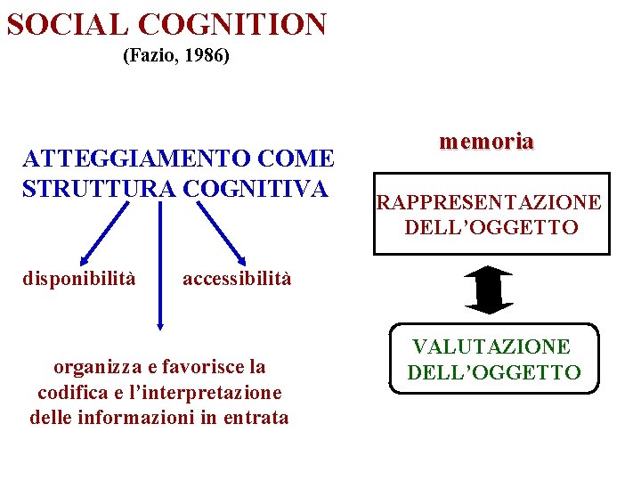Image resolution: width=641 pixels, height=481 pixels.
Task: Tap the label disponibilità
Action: click(x=79, y=279)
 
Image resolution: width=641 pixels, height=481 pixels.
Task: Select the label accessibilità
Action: click(x=237, y=279)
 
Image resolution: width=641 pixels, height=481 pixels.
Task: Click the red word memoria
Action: click(x=486, y=141)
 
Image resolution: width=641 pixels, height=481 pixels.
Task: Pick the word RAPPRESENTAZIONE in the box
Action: click(x=489, y=203)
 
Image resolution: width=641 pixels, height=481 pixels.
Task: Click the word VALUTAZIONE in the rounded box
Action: click(x=491, y=346)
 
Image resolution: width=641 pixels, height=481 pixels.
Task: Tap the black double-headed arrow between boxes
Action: click(x=489, y=289)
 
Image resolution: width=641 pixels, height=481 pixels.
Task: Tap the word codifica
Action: click(x=69, y=392)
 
